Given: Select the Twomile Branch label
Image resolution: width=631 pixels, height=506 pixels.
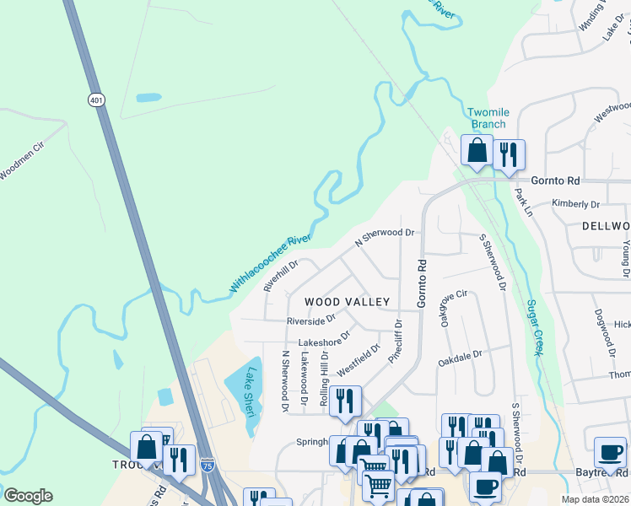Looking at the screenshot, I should pos(488,118).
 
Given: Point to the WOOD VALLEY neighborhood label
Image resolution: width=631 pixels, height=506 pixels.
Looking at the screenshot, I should pos(347,302).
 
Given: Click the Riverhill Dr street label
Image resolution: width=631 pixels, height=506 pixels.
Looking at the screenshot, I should pos(282,275).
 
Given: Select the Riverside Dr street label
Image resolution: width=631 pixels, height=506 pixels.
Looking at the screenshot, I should pos(310,320).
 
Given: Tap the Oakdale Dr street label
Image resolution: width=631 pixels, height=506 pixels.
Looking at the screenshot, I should pos(460,358).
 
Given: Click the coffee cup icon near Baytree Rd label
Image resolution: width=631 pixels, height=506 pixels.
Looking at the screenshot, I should pos(610,452).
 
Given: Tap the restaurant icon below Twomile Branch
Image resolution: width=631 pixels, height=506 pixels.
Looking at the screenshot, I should pos(509,154).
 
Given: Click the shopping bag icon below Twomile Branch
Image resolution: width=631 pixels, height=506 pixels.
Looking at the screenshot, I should pos(477,151).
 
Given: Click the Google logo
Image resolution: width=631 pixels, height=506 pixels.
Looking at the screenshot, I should pos(28,495).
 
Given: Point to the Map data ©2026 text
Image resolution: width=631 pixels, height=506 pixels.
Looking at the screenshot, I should pos(595,499).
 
